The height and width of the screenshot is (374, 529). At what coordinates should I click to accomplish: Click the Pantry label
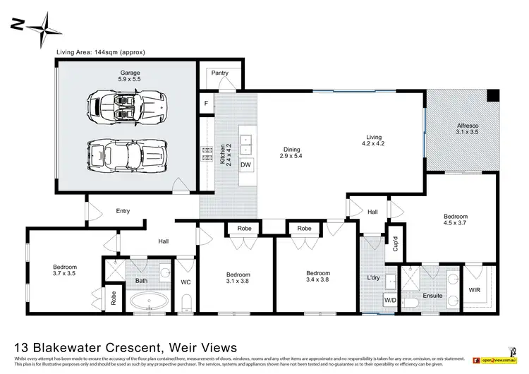point(219,72)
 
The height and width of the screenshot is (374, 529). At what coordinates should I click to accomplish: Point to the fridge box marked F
point(207,103)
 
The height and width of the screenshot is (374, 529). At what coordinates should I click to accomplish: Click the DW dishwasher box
point(245,164)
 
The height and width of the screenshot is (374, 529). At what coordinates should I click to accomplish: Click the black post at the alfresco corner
point(492,95)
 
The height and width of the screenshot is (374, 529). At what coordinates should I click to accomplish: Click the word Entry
point(123,210)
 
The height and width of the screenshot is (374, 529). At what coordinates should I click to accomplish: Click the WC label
point(186,282)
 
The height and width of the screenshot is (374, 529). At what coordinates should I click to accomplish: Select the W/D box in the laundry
point(390,300)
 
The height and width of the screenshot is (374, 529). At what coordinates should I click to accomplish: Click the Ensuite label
point(433,296)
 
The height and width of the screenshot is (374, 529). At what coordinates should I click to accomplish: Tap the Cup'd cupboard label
point(396,244)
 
